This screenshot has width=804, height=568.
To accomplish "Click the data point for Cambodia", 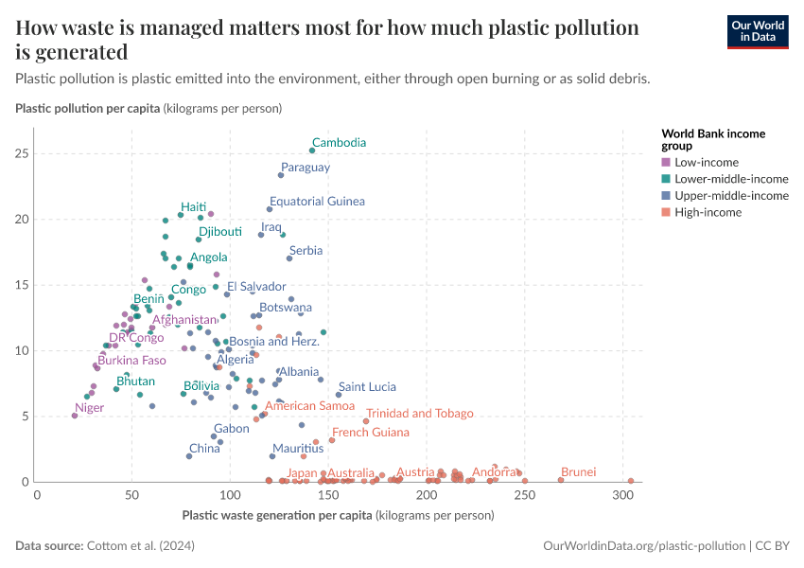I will click(312, 151).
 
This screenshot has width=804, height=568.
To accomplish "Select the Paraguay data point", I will click(281, 175).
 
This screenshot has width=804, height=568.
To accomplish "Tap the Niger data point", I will click(75, 416).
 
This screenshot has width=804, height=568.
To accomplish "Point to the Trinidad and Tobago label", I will click(419, 413).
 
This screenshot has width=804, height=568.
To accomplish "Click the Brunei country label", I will click(578, 471).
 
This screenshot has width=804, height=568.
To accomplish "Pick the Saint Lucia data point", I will click(339, 395).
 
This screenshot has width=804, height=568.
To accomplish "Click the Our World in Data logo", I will click(757, 31).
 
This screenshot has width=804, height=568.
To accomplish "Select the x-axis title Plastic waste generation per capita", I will click(276, 516).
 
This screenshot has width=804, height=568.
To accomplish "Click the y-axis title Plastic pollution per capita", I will click(88, 109).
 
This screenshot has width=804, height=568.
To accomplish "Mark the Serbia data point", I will click(289, 258).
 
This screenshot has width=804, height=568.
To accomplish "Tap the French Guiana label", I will click(370, 432).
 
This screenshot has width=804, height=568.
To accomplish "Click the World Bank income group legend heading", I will click(712, 139).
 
